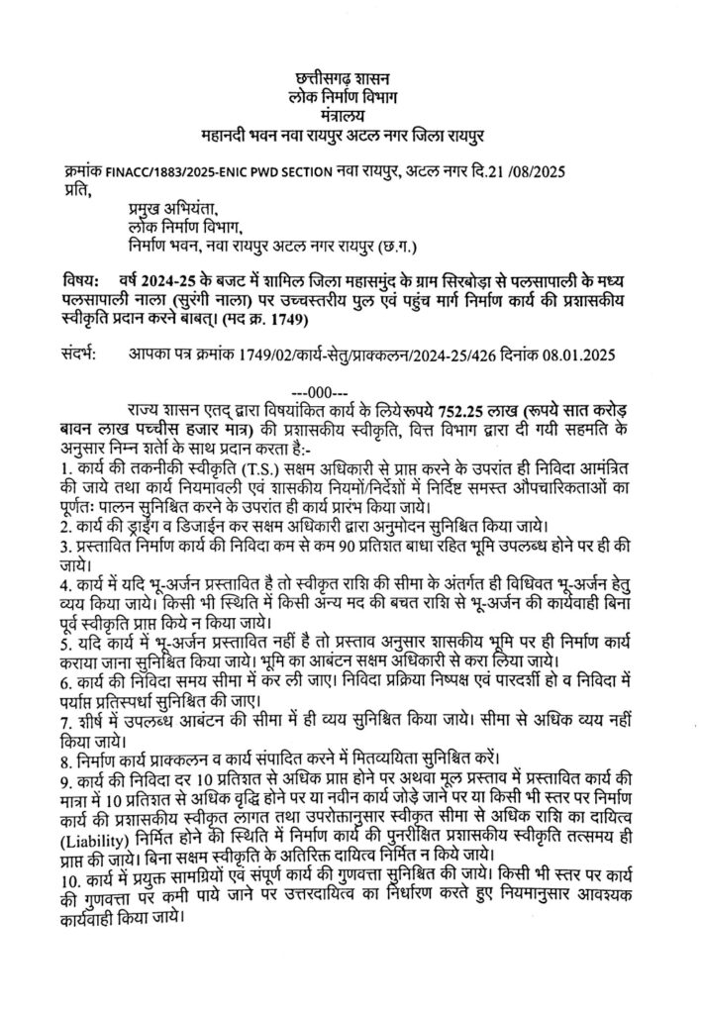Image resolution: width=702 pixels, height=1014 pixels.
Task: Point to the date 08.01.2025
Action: point(577,354)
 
